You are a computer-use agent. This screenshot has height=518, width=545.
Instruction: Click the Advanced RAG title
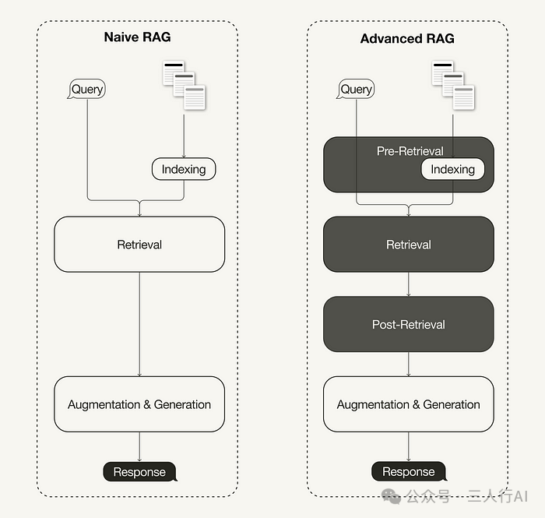[407, 38]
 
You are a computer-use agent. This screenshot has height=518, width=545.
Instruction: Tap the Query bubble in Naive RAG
[86, 89]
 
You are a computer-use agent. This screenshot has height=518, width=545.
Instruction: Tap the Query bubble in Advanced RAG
[356, 89]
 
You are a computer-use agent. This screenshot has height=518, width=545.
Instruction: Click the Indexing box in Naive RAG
[183, 169]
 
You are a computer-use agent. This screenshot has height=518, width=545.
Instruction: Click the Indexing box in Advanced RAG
[452, 169]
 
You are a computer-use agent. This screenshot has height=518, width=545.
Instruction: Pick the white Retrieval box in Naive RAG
[139, 245]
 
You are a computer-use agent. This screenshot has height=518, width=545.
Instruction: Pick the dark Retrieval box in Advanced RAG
[408, 245]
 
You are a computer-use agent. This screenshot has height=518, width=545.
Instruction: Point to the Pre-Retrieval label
[410, 151]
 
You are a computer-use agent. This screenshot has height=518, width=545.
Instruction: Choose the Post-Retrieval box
[408, 324]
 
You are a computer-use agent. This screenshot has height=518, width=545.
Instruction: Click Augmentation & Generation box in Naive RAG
[139, 404]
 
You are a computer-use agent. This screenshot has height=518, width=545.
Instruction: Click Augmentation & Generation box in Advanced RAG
[408, 404]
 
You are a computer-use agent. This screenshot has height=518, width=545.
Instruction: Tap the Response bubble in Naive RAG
[139, 471]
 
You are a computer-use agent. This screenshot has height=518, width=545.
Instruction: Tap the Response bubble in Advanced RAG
[408, 471]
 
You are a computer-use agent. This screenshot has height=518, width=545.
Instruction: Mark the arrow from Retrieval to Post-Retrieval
[409, 284]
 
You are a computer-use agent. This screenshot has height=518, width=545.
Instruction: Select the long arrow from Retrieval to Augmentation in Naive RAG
[139, 323]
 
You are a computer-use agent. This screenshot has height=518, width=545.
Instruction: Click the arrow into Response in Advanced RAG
[409, 446]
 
